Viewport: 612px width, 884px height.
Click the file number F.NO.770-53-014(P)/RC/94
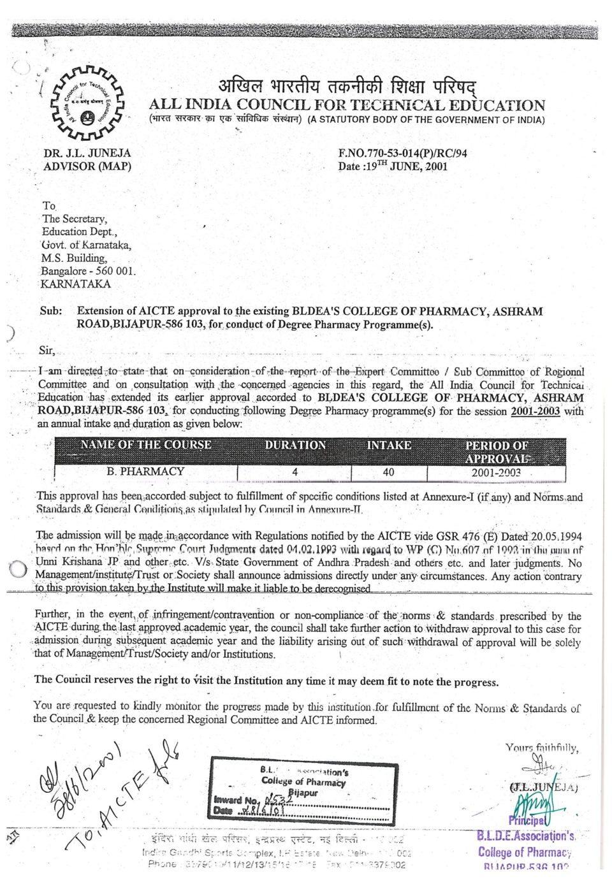402,153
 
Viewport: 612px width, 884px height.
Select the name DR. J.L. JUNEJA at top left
87,153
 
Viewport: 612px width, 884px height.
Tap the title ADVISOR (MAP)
87,166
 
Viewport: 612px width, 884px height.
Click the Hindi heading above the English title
347,85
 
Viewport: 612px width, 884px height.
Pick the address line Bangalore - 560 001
89,271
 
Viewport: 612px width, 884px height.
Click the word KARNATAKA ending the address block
75,284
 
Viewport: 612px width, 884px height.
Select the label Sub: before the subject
51,311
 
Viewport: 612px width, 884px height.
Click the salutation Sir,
47,351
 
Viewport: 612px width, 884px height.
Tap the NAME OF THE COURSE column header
145,446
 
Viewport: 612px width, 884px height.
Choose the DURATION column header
295,446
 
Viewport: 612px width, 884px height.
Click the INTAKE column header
389,446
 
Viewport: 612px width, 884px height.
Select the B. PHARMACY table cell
145,472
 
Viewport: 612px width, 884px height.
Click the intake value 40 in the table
388,472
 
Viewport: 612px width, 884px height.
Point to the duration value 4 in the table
295,472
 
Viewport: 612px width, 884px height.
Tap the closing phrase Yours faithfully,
542,748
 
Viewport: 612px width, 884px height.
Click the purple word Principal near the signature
526,820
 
